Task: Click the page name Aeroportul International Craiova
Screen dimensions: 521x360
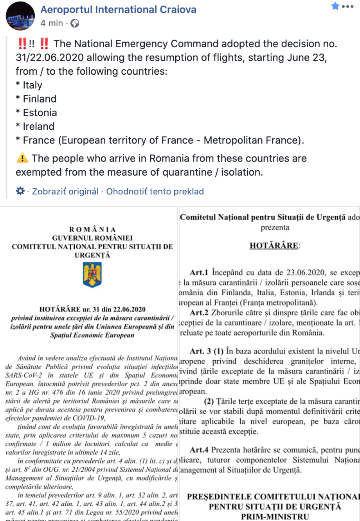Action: click(x=118, y=9)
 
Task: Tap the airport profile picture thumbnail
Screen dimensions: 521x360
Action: click(x=20, y=16)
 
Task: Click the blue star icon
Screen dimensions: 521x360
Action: click(x=335, y=6)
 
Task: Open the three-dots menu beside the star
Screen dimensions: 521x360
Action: click(x=347, y=7)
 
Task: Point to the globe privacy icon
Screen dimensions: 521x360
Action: click(x=75, y=23)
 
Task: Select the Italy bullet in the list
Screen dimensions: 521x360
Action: click(x=29, y=85)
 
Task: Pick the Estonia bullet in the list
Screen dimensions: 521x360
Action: click(x=36, y=113)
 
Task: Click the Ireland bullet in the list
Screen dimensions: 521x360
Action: click(x=35, y=126)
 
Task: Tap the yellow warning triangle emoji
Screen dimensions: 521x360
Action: click(x=22, y=158)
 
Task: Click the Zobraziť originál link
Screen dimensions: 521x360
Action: click(x=65, y=191)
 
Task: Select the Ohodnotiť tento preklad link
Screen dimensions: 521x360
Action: click(x=155, y=191)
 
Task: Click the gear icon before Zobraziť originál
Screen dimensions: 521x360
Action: click(x=20, y=191)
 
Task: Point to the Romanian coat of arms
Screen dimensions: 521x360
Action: click(x=92, y=275)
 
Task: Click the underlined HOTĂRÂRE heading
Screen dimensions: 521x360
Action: click(x=274, y=246)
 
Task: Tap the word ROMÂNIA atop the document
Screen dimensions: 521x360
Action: click(x=92, y=230)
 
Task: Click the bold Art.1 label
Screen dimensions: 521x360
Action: click(x=199, y=273)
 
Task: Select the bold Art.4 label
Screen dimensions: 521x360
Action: click(x=199, y=450)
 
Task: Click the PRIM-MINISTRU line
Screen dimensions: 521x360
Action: click(x=275, y=517)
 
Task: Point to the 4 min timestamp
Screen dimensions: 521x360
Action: click(x=52, y=23)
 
